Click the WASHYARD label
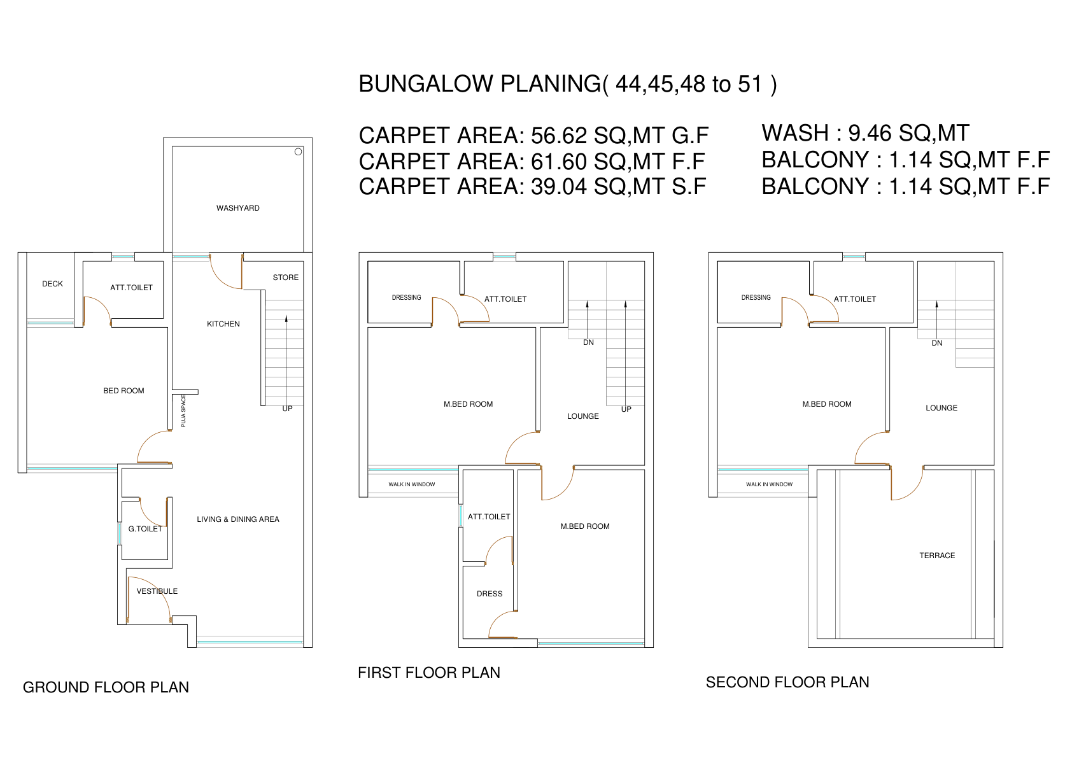click(x=238, y=208)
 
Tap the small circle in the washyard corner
click(x=298, y=151)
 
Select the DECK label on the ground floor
click(x=53, y=284)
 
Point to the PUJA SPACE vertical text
click(x=183, y=411)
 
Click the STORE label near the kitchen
click(x=286, y=277)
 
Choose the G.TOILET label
click(x=145, y=529)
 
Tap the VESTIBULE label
click(x=157, y=591)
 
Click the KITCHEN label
click(x=223, y=324)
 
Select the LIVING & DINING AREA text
click(x=238, y=519)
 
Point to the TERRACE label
click(x=937, y=556)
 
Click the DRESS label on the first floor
click(x=490, y=594)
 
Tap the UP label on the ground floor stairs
click(x=287, y=409)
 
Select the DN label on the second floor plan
click(x=937, y=343)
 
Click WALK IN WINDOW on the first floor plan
click(x=412, y=484)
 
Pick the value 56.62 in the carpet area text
click(x=559, y=136)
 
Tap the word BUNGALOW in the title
click(x=427, y=84)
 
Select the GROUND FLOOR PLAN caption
click(x=106, y=687)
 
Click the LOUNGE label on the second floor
click(x=942, y=408)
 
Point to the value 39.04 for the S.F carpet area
click(x=559, y=186)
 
